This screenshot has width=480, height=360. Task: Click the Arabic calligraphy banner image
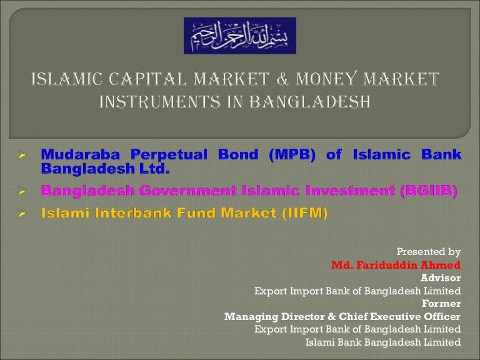tap(240, 36)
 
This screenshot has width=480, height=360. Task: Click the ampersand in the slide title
tap(282, 79)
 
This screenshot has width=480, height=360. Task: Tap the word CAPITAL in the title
tap(148, 79)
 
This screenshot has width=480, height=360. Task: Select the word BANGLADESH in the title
tap(310, 102)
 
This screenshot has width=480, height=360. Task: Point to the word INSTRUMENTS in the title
tap(160, 102)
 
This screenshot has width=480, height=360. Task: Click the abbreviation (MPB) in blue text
tap(292, 154)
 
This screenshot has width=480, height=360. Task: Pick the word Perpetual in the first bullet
tap(169, 155)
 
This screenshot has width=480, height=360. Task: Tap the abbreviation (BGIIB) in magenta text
tap(429, 191)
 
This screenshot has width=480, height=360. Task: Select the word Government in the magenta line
tap(188, 191)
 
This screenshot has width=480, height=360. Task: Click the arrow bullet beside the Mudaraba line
tap(22, 154)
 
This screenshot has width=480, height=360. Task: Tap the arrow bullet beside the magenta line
tap(22, 191)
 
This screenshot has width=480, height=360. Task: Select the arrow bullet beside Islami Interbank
tap(22, 213)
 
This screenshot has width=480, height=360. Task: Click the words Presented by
tap(429, 252)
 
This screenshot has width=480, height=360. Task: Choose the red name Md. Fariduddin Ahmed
tap(396, 265)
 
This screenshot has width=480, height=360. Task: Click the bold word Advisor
tap(441, 277)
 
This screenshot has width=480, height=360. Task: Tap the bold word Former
tap(441, 303)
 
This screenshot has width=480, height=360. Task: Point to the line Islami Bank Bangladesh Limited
tap(383, 342)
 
